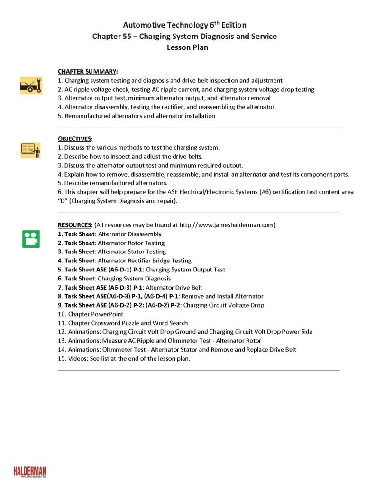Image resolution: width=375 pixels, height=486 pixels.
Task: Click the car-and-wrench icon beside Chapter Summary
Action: tap(31, 85)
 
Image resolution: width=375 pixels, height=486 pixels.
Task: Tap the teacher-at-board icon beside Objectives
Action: tap(31, 150)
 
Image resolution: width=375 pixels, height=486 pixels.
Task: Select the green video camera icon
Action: tap(31, 239)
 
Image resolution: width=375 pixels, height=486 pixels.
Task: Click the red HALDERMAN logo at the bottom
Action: tap(30, 471)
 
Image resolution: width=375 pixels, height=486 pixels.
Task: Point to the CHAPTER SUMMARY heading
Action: tap(88, 72)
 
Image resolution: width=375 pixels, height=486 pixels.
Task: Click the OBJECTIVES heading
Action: tap(75, 139)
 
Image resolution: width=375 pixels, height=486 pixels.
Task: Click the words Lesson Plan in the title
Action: tap(187, 47)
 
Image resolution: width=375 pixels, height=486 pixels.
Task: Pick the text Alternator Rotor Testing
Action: tap(131, 243)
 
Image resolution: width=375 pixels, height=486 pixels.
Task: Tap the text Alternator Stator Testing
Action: tap(132, 252)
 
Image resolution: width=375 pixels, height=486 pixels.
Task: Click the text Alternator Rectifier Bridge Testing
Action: tap(145, 261)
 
